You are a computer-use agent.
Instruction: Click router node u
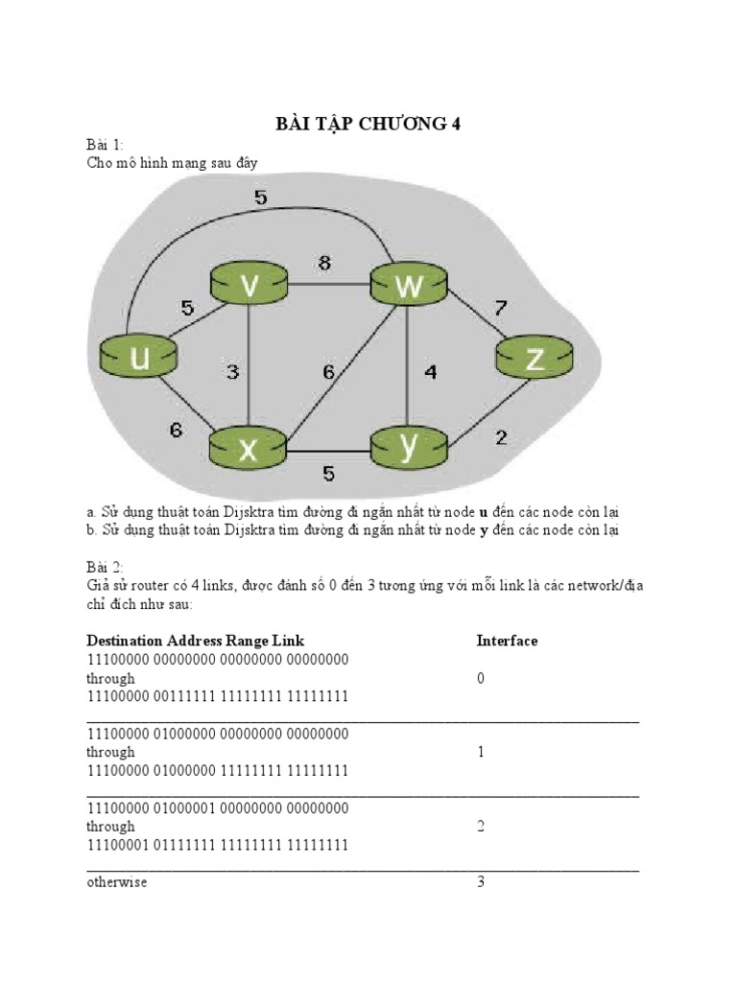pos(139,357)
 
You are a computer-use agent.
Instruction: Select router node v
pos(249,285)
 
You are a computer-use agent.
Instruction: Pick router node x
pos(249,449)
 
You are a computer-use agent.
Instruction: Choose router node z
pos(535,358)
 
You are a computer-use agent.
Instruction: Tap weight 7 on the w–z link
pos(499,308)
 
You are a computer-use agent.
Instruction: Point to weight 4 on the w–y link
pos(430,372)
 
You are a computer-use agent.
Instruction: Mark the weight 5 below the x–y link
pos(328,473)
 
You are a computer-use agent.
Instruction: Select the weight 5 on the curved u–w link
pos(260,199)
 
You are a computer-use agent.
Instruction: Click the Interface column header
pos(507,641)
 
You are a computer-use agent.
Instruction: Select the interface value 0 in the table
pos(482,678)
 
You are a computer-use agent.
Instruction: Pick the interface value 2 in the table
pos(482,826)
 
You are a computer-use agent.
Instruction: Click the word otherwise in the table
pos(117,881)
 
